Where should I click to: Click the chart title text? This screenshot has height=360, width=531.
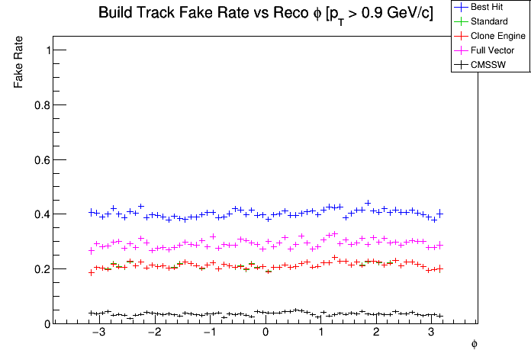pyautogui.click(x=265, y=14)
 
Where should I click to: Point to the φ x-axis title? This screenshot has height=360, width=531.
pyautogui.click(x=474, y=345)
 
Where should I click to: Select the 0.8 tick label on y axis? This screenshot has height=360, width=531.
pyautogui.click(x=43, y=105)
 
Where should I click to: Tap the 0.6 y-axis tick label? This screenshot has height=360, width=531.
pyautogui.click(x=43, y=160)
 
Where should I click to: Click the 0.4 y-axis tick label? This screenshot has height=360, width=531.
pyautogui.click(x=43, y=214)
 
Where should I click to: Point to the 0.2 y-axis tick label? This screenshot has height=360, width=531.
pyautogui.click(x=43, y=269)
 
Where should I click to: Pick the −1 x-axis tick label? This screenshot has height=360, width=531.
pyautogui.click(x=208, y=334)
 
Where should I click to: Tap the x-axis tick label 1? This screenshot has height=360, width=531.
pyautogui.click(x=321, y=334)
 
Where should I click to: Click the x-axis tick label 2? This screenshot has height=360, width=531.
pyautogui.click(x=376, y=334)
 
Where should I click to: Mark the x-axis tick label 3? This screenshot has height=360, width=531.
pyautogui.click(x=432, y=334)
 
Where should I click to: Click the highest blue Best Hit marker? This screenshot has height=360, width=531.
pyautogui.click(x=368, y=203)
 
